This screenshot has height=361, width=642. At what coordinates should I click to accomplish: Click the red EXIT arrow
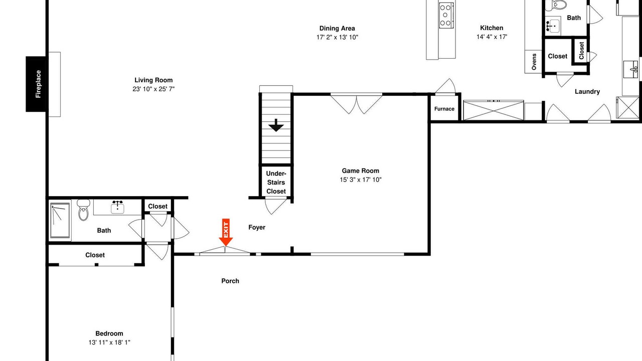[226, 232]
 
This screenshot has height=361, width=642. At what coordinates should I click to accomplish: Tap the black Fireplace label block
[38, 84]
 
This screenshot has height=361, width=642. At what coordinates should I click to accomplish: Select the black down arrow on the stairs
[276, 125]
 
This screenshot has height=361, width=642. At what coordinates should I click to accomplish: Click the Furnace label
[444, 109]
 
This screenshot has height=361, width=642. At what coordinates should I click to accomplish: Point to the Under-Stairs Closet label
[276, 183]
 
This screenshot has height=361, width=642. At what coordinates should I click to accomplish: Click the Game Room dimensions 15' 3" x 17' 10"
[360, 179]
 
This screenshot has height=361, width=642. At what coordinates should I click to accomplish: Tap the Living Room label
[153, 80]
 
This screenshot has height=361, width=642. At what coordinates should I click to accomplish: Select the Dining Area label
[337, 29]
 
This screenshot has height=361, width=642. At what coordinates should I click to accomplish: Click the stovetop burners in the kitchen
[445, 15]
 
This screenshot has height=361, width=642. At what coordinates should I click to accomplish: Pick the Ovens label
[534, 61]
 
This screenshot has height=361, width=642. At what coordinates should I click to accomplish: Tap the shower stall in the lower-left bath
[60, 221]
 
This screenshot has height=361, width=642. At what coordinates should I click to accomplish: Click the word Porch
[230, 281]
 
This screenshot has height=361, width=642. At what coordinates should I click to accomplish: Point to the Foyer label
[257, 228]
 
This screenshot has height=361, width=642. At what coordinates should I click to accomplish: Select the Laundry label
[587, 92]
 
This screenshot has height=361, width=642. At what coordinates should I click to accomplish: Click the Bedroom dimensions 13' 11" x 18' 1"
[109, 342]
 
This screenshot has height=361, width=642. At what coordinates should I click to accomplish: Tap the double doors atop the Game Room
[356, 103]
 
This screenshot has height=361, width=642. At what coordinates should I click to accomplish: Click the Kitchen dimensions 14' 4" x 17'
[492, 37]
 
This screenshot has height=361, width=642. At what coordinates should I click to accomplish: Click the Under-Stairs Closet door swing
[275, 206]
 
